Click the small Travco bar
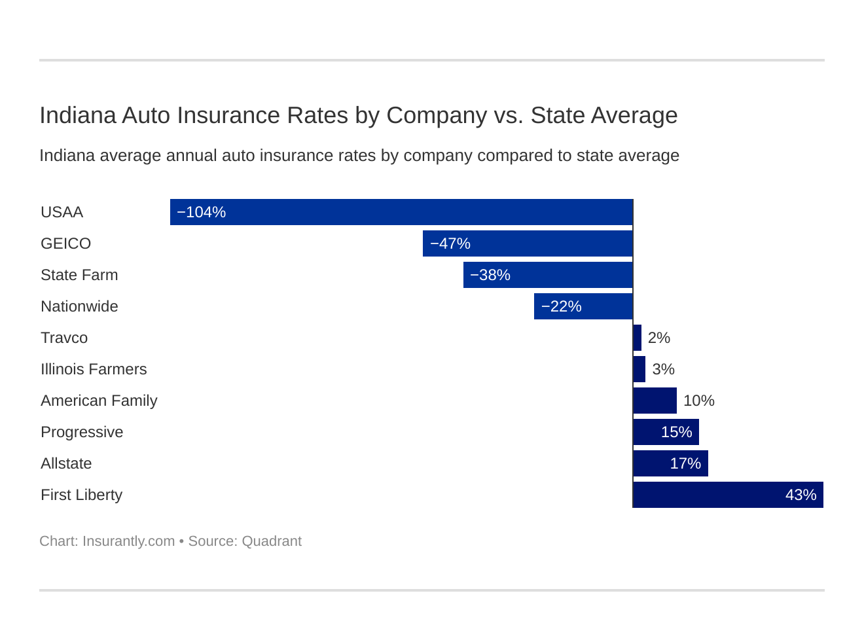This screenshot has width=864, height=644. (638, 338)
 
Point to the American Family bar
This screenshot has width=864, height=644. (655, 401)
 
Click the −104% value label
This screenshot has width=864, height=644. (202, 212)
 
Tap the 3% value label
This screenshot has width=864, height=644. (663, 369)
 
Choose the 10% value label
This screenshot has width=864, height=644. (698, 401)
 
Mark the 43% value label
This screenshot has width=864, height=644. (801, 495)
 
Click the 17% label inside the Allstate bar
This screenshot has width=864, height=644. (685, 463)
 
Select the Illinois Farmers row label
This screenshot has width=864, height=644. (94, 369)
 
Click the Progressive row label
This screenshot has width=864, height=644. (82, 432)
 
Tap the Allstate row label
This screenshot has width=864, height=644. (66, 463)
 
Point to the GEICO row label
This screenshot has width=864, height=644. (65, 243)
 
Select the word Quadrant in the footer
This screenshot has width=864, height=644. (272, 541)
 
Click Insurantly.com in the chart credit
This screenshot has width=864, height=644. (128, 541)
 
